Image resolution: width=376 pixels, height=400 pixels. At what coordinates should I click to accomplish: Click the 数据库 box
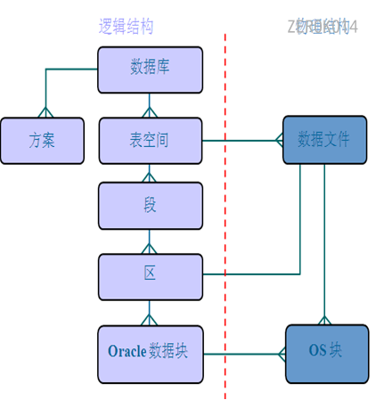150,69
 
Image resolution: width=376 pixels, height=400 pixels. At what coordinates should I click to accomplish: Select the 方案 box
42,140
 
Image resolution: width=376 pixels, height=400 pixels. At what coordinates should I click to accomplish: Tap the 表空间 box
150,140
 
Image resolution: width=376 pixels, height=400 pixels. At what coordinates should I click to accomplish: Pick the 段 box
150,205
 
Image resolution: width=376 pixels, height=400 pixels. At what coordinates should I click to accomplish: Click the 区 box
150,275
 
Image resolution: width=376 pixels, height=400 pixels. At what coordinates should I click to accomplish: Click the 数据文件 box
324,140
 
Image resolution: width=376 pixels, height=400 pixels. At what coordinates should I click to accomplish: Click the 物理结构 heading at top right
321,27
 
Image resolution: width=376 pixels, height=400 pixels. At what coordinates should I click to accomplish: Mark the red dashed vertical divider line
225,223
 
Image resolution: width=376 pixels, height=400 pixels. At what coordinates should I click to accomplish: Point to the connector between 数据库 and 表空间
150,104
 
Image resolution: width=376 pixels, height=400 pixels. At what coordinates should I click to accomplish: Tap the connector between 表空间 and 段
150,173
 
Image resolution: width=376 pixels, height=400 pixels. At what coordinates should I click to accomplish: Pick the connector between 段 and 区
150,241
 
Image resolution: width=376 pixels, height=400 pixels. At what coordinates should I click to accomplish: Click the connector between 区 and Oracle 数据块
150,312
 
